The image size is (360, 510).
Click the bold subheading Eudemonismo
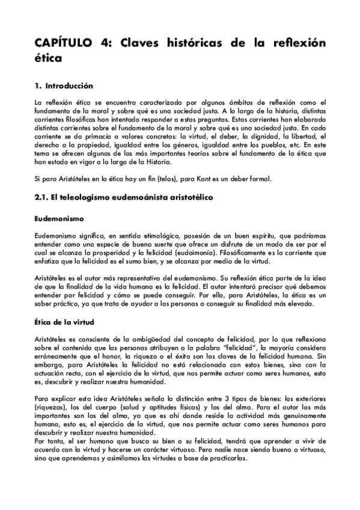pyautogui.click(x=58, y=217)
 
